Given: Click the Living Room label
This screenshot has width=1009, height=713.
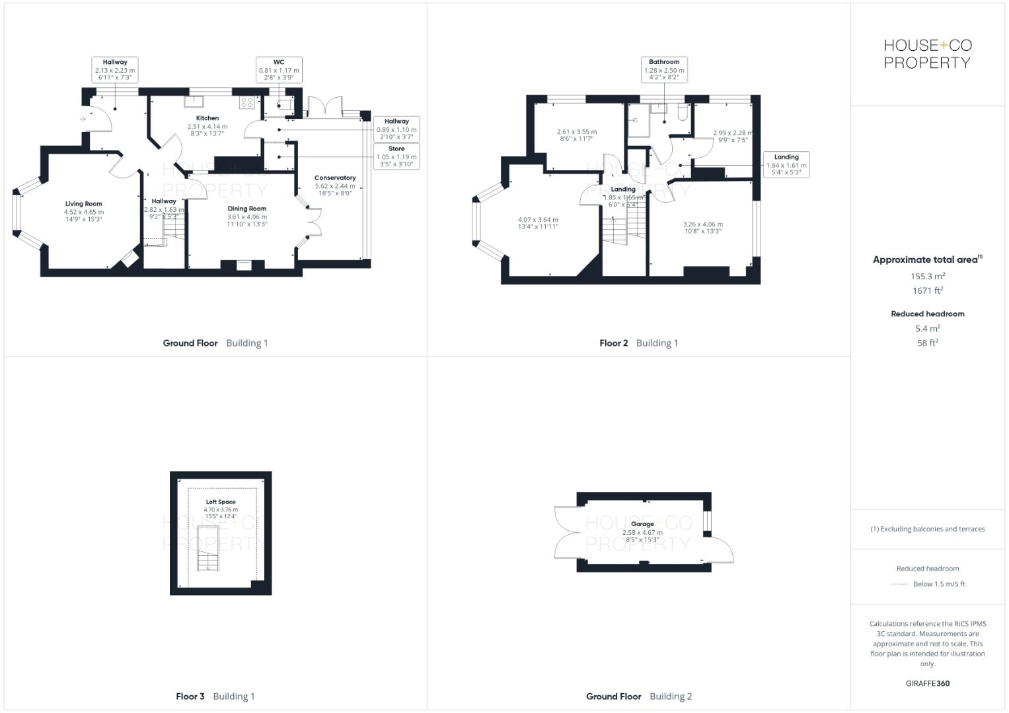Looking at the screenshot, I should coord(83,204).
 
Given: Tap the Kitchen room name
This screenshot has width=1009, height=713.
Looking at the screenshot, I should coord(207,118).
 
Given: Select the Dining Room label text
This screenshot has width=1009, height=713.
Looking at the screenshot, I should coord(247,209).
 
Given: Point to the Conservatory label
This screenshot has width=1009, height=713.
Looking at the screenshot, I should coord(335,178).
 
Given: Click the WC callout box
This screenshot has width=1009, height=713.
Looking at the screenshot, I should coord(279,69).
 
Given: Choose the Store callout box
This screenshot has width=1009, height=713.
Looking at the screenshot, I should coord(396,156).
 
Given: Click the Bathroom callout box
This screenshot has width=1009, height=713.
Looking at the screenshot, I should coord(664,69).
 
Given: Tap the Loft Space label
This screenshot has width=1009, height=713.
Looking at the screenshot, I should coord(220,502).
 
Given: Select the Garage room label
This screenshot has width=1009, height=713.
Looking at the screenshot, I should coord(642,524).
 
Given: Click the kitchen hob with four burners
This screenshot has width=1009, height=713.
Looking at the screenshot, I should coord(247,102).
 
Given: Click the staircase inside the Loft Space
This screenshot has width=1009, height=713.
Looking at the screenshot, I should coord(207,548).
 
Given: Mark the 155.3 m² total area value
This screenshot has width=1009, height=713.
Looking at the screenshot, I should coord(927,277).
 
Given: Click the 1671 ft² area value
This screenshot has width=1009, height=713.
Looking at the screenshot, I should coord(927,290).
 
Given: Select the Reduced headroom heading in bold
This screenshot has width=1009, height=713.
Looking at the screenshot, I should coord(927,314).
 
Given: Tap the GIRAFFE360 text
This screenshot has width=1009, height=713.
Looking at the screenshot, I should coord(927,683).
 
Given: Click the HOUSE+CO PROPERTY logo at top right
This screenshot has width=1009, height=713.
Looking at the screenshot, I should coord(927,54).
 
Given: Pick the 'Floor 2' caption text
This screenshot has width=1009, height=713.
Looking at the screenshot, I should coord(613,343).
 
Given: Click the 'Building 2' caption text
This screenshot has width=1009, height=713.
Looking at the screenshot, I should coord(671,696).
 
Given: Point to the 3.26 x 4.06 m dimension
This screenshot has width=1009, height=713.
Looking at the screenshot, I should coord(702,224).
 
